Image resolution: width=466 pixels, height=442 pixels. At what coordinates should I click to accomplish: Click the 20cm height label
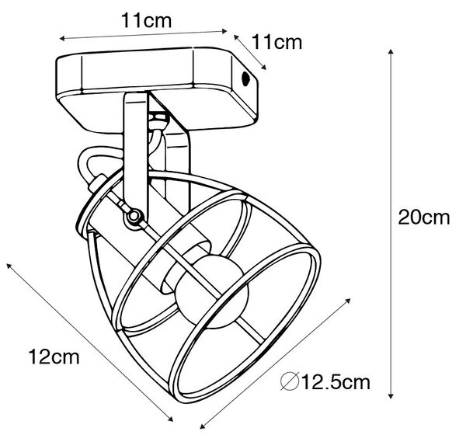pyautogui.click(x=423, y=218)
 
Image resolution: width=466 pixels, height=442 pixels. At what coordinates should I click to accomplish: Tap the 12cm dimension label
pyautogui.click(x=54, y=357)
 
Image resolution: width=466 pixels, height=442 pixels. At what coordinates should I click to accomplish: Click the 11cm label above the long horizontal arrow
pyautogui.click(x=146, y=20)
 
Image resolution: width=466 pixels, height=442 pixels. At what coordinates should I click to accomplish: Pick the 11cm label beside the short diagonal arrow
pyautogui.click(x=277, y=42)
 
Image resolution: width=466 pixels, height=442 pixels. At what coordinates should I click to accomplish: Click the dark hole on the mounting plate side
pyautogui.click(x=245, y=78)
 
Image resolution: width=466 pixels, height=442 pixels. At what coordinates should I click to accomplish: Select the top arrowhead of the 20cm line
pyautogui.click(x=391, y=52)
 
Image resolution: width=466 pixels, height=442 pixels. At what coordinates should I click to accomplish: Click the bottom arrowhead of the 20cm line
pyautogui.click(x=391, y=395)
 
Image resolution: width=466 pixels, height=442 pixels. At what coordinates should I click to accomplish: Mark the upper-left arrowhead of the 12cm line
pyautogui.click(x=9, y=266)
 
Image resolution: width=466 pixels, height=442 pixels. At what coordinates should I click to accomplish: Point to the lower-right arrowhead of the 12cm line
pyautogui.click(x=170, y=419)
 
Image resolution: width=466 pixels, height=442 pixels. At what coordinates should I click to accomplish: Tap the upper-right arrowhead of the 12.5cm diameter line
pyautogui.click(x=347, y=301)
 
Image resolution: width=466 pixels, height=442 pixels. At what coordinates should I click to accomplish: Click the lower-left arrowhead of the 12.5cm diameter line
pyautogui.click(x=203, y=426)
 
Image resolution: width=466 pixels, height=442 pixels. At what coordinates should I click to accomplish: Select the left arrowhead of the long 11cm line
pyautogui.click(x=62, y=38)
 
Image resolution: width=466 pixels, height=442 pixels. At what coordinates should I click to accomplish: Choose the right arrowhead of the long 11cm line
pyautogui.click(x=224, y=30)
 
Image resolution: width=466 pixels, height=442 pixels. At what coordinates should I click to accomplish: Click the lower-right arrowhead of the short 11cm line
pyautogui.click(x=263, y=67)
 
